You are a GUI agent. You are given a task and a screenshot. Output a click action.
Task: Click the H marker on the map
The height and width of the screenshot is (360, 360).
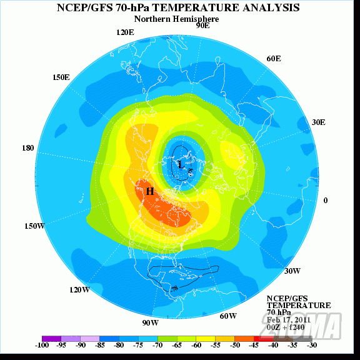click(x=150, y=191)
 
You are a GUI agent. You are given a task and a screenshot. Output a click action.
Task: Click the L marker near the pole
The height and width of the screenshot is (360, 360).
click(x=181, y=165)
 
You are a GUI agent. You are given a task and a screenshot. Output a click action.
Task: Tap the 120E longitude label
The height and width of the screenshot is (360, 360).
click(x=126, y=32)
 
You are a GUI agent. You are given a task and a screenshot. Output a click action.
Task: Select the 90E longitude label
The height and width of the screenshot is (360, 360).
click(x=202, y=26)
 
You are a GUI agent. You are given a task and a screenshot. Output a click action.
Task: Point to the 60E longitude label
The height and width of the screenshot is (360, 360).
click(x=273, y=58)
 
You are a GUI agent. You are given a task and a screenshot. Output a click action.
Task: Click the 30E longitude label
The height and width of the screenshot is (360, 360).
click(x=318, y=122)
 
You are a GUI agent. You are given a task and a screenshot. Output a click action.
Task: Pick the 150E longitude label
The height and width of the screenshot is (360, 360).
click(x=61, y=77)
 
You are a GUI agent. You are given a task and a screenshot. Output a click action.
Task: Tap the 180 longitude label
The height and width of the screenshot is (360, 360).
click(x=27, y=148)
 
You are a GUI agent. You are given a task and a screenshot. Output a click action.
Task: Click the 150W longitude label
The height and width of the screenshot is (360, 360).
click(x=34, y=226)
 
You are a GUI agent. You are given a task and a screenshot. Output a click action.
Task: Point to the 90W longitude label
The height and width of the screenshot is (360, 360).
click(x=150, y=322)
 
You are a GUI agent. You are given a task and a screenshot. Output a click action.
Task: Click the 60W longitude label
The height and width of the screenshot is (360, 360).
click(x=228, y=316)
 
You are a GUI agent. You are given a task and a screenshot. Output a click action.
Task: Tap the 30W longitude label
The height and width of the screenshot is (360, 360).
click(x=292, y=271)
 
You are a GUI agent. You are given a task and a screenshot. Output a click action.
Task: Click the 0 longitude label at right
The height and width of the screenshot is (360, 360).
click(x=325, y=200)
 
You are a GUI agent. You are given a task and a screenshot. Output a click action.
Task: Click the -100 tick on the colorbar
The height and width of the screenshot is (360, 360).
click(x=42, y=344)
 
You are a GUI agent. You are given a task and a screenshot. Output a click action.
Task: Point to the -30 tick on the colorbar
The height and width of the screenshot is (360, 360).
click(x=311, y=344)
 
